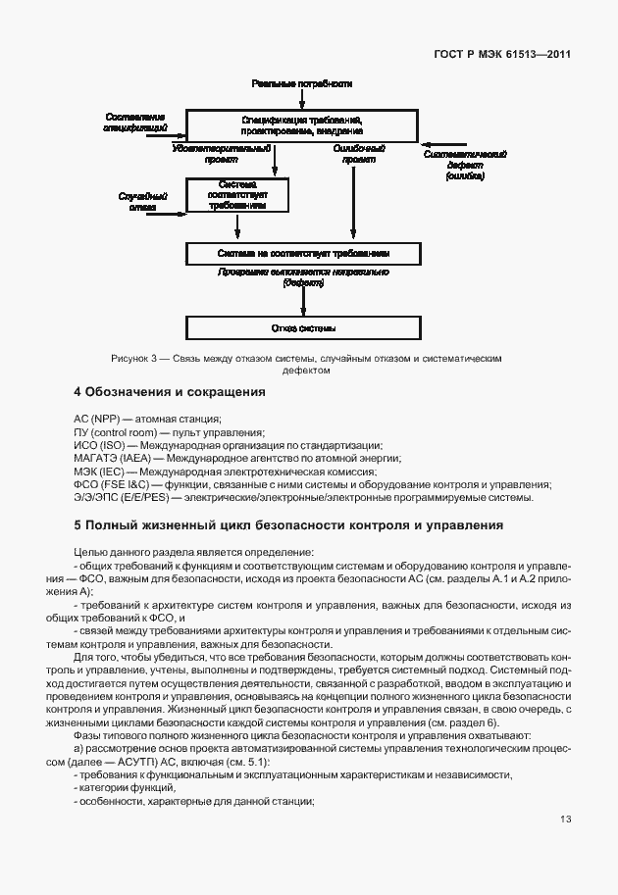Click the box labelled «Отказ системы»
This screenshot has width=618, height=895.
303,327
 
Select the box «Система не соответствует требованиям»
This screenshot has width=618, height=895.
303,253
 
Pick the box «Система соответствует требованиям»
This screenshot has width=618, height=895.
237,195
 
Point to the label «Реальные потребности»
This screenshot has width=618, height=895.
301,84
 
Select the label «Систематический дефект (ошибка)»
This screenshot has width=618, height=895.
464,165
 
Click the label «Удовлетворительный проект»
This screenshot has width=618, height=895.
221,153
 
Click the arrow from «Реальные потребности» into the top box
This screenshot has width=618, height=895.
301,98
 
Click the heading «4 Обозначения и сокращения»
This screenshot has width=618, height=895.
170,392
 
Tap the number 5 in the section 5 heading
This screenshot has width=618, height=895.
78,525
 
